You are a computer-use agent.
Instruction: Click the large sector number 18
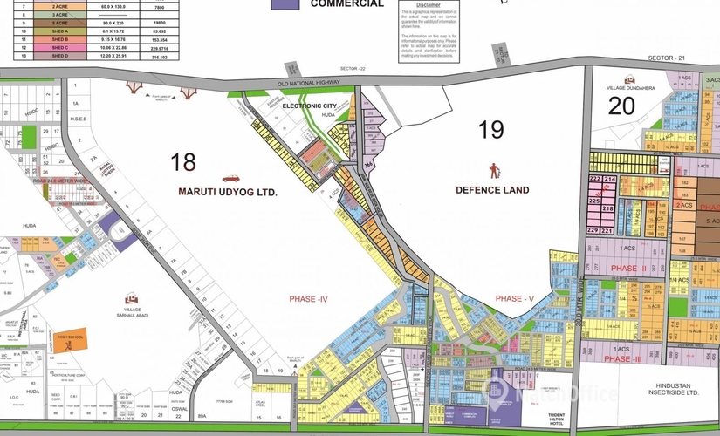[183, 161]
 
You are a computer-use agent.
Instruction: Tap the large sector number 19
[492, 130]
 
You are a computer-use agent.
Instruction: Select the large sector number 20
[621, 106]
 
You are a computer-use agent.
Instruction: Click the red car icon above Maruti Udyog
[231, 178]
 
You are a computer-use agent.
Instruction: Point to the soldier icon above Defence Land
[495, 170]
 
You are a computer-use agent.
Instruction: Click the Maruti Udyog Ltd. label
[228, 191]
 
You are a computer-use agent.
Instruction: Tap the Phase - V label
[514, 299]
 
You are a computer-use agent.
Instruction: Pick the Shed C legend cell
[59, 47]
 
